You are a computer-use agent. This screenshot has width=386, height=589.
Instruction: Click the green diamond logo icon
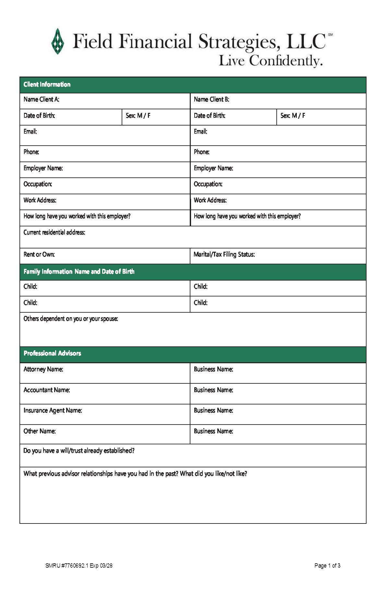58,41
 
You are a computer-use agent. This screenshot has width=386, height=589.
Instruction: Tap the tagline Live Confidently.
271,61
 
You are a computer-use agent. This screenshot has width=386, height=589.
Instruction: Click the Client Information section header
47,85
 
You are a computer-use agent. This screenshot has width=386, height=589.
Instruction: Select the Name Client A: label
41,100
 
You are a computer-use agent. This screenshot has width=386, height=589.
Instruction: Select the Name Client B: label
211,100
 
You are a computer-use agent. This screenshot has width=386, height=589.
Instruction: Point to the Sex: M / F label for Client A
138,116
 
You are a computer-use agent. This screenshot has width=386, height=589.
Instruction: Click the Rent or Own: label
39,255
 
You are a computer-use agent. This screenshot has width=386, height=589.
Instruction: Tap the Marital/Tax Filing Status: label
224,255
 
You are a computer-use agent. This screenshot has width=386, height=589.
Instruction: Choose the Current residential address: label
54,233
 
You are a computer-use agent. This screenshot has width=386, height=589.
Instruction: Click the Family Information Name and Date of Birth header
79,272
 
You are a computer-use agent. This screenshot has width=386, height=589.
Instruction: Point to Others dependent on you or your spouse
71,319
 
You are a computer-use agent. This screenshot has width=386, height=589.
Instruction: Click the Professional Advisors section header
52,354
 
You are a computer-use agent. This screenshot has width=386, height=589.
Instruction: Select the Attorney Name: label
43,369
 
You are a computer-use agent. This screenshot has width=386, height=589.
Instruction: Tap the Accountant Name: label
47,390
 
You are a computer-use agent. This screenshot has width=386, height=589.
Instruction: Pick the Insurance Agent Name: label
53,411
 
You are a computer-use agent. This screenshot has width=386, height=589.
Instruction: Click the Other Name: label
40,431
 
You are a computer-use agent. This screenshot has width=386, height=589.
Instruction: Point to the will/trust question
79,451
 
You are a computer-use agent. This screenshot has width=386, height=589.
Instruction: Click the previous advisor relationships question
135,474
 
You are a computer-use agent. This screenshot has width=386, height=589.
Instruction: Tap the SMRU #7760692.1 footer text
79,566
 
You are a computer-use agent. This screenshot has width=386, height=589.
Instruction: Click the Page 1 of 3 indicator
327,566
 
